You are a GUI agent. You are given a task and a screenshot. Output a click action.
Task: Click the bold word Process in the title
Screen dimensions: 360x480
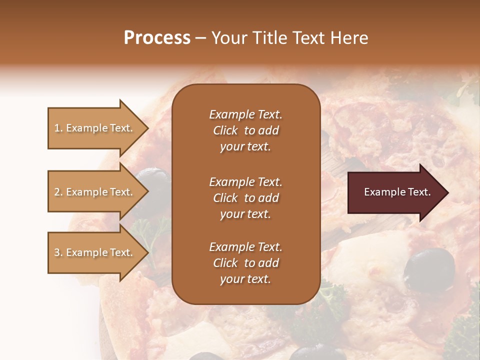[x=157, y=38]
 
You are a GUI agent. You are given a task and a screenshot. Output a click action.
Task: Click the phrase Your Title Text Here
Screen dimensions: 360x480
[x=290, y=38]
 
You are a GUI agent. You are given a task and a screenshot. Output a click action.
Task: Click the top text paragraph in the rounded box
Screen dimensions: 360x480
[x=245, y=130]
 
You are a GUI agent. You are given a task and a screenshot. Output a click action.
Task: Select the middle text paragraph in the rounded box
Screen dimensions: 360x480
[x=245, y=198]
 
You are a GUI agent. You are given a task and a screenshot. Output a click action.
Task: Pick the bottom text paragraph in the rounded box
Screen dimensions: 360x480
[x=245, y=263]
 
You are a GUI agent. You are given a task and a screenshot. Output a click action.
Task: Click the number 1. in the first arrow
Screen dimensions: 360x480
[x=58, y=128]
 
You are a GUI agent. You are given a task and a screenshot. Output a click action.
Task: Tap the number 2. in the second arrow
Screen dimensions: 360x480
[x=58, y=192]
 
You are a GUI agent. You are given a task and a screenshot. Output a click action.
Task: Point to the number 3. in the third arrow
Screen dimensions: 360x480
[x=58, y=252]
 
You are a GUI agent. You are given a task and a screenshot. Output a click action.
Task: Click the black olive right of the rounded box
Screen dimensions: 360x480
[x=429, y=267]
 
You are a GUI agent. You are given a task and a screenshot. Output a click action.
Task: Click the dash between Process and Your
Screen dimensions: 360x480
[x=200, y=38]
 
